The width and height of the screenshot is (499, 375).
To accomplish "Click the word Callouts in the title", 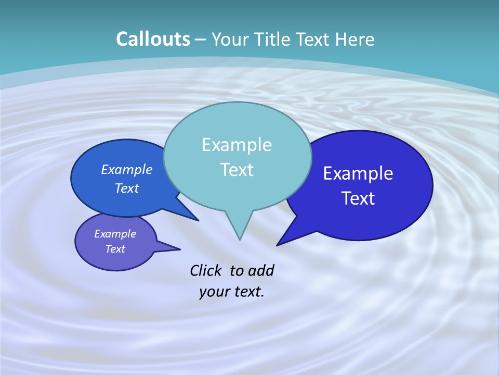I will click(x=153, y=39).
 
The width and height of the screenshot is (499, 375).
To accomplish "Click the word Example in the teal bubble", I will click(x=237, y=145).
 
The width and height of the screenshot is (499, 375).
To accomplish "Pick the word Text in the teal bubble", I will click(x=237, y=170).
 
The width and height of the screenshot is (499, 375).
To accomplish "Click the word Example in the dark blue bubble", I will click(x=358, y=173).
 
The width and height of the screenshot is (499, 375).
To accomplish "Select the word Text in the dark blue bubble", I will click(x=358, y=198).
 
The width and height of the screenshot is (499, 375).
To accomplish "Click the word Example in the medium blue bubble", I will click(x=127, y=169).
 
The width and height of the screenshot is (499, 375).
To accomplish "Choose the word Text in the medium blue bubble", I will click(x=127, y=188).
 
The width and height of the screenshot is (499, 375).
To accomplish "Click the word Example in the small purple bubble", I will click(x=115, y=234).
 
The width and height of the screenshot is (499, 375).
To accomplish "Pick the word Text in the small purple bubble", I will click(x=115, y=249).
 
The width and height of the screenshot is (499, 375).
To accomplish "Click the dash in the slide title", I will click(x=201, y=40).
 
